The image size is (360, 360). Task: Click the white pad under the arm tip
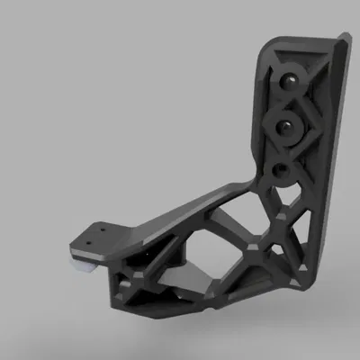point(83,264)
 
